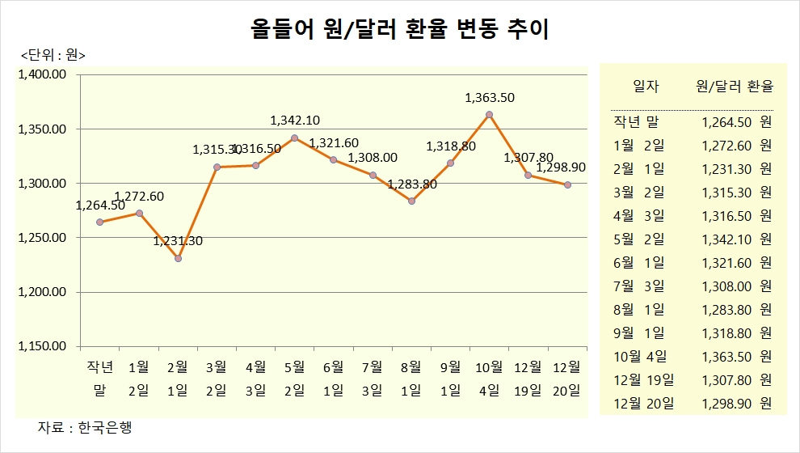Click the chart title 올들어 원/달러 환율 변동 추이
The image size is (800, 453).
400,30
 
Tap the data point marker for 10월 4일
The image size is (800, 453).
490,114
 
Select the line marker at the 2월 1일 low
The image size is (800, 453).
178,258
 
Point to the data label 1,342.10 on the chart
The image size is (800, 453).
295,121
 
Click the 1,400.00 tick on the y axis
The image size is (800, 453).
41,75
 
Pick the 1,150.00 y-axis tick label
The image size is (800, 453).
41,346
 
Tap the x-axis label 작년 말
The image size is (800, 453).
100,379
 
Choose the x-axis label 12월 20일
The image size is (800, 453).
568,379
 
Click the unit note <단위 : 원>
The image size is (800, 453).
53,55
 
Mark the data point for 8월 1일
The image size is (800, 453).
411,201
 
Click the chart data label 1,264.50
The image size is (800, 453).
100,205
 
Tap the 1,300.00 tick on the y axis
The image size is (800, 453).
41,184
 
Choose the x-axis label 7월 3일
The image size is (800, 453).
373,379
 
